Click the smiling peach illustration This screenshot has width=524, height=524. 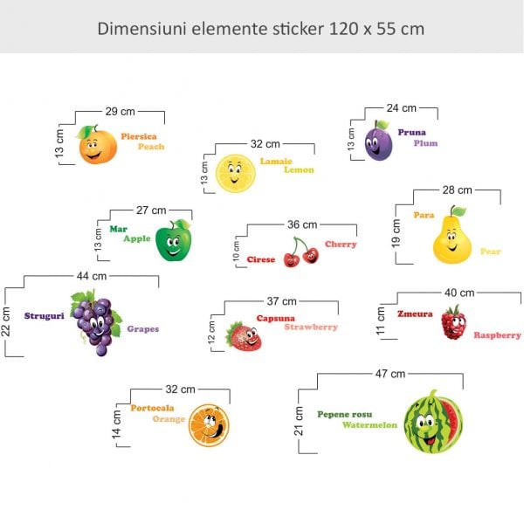click(97, 145)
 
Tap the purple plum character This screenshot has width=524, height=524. click(377, 141)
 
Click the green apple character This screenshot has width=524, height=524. click(172, 241)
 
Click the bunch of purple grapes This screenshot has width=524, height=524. click(95, 322)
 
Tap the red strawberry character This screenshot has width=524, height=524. click(244, 336)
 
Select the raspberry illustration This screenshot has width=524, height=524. click(452, 323)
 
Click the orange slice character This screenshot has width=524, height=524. click(209, 424)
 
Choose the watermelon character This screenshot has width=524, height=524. click(433, 421)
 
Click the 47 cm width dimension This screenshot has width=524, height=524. click(390, 374)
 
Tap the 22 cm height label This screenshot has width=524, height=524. click(7, 320)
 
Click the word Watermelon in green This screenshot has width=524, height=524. click(369, 425)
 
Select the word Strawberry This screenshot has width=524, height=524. click(311, 327)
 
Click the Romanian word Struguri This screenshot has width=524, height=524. click(45, 316)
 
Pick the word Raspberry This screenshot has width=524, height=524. click(497, 335)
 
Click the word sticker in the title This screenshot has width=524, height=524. click(297, 28)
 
